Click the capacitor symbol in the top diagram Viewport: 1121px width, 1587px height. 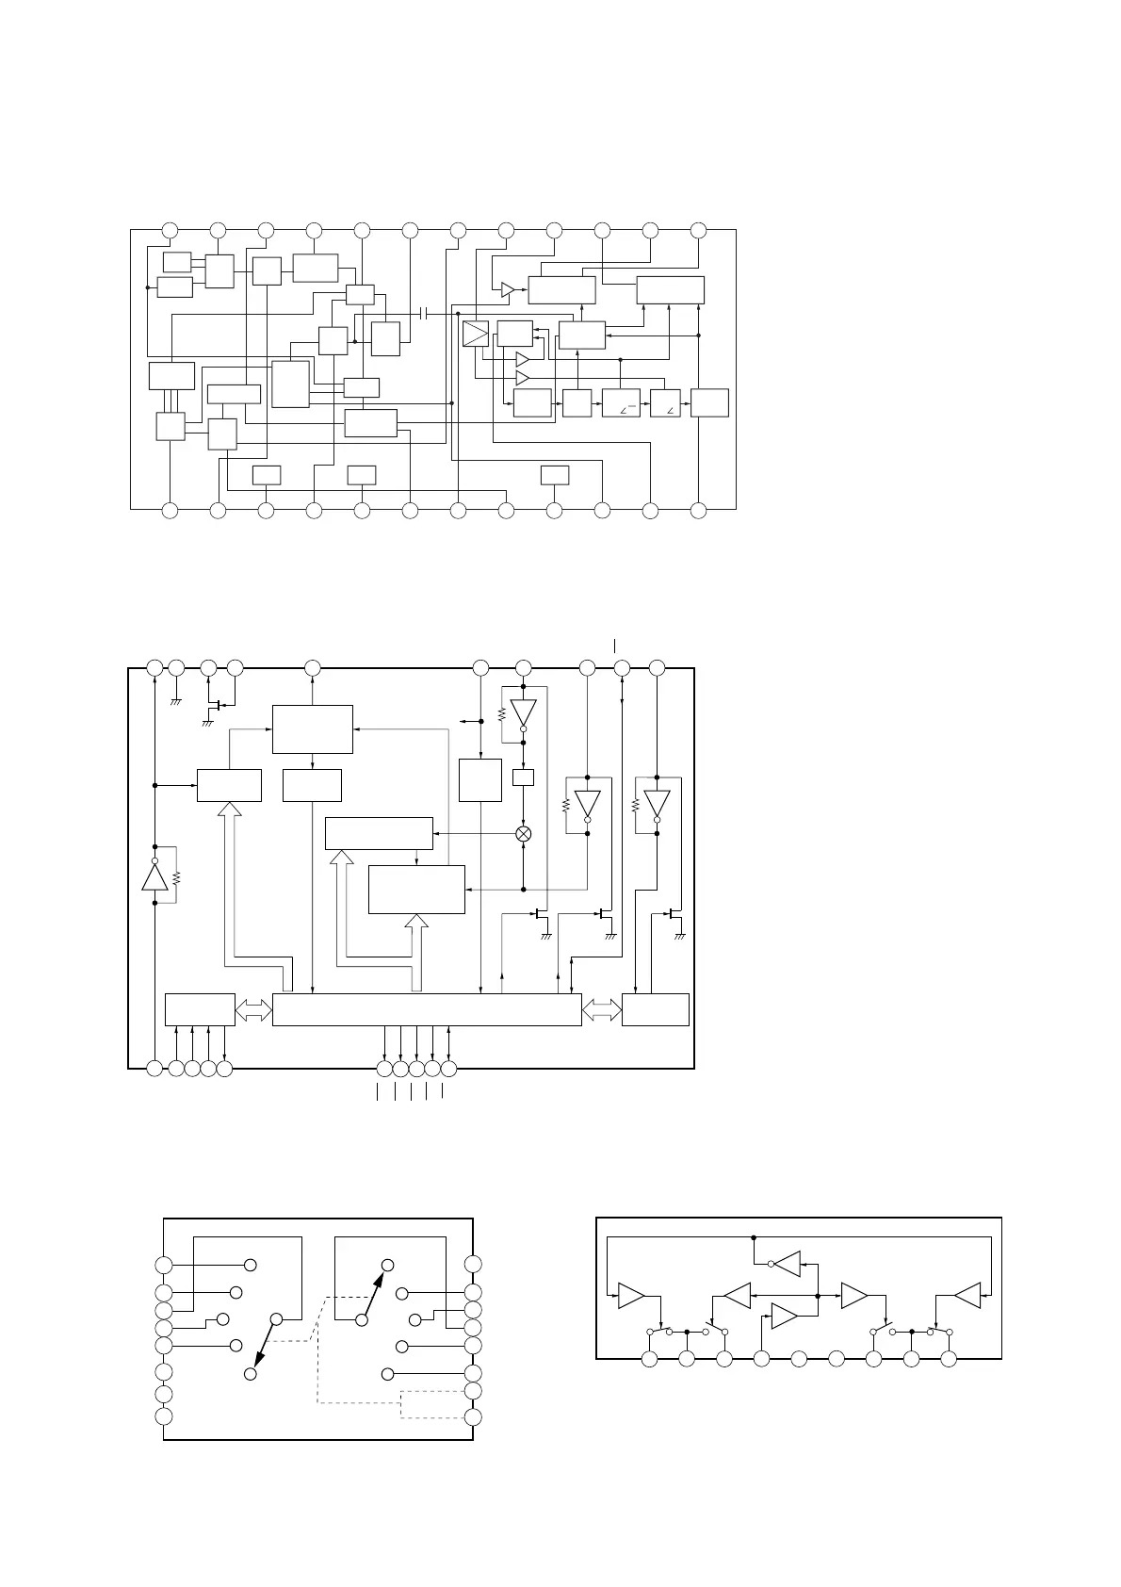(423, 313)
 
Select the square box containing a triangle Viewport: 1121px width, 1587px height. (476, 334)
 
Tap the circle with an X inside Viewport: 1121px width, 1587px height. (524, 834)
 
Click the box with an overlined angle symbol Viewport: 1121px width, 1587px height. (620, 402)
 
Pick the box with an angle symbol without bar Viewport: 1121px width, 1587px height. (665, 402)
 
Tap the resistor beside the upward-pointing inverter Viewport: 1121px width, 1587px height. (176, 876)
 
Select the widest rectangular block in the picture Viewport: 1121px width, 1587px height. (426, 1008)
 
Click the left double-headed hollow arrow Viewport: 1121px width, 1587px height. (253, 1010)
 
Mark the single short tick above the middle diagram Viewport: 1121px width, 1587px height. (614, 646)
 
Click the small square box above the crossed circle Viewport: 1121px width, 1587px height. (523, 777)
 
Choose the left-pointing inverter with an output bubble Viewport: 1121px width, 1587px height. (786, 1264)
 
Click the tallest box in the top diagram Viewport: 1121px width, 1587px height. (290, 384)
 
